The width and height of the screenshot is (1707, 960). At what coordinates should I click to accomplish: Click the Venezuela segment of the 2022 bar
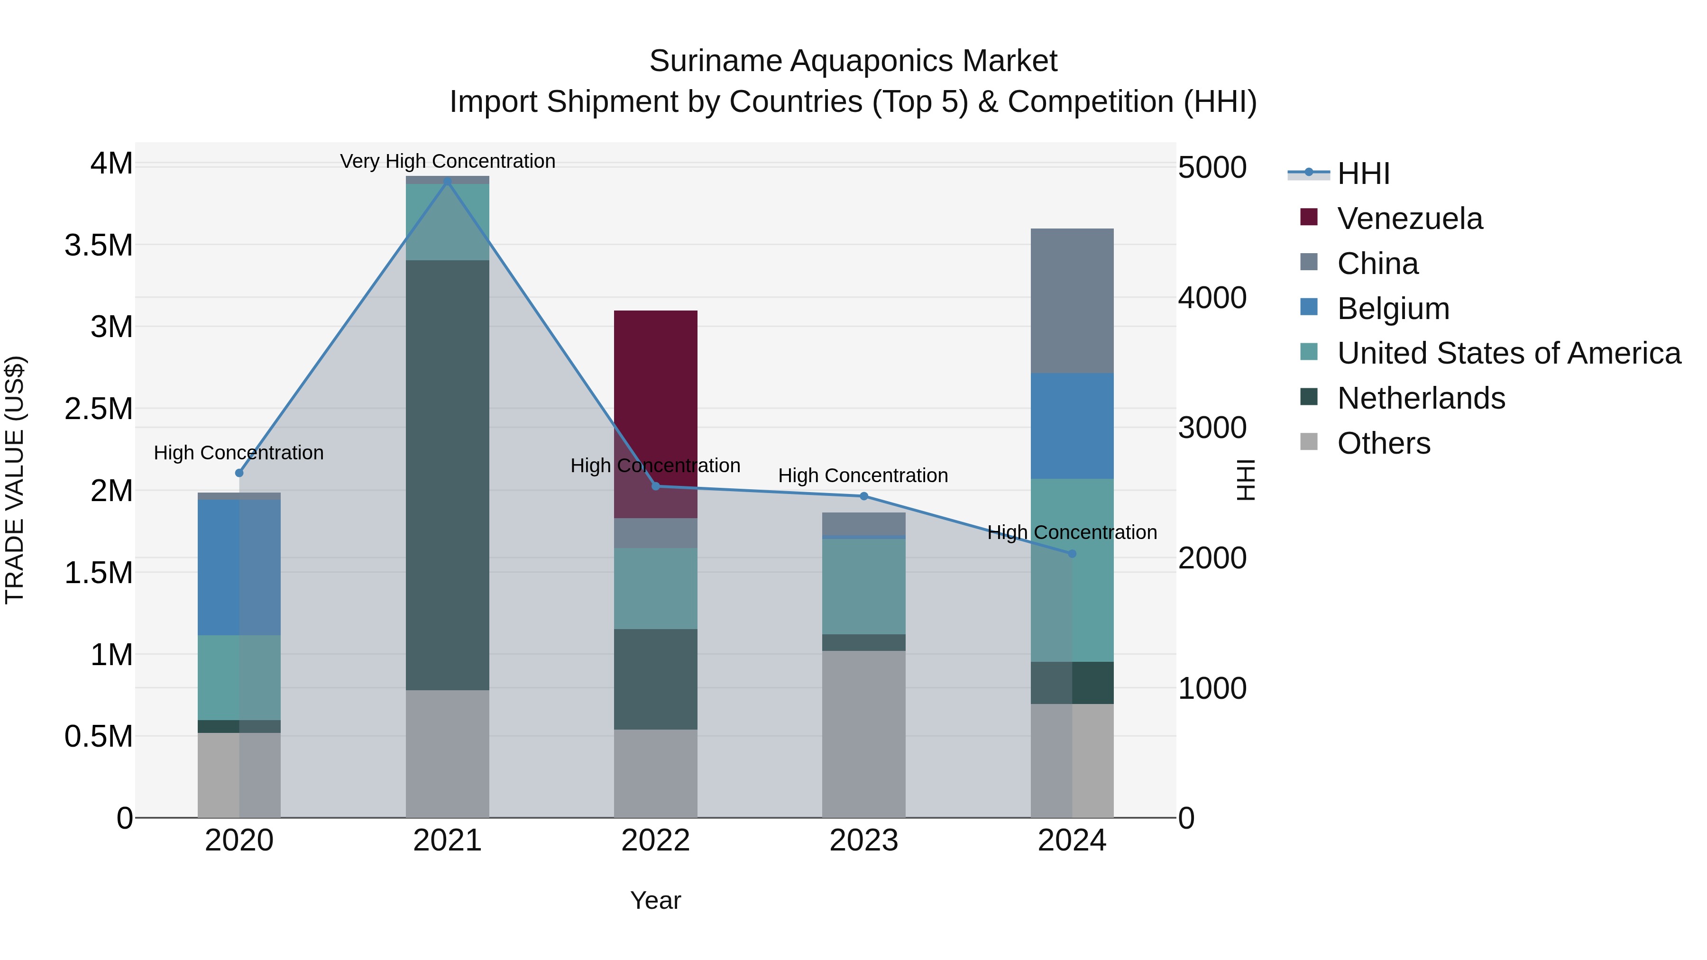pos(655,398)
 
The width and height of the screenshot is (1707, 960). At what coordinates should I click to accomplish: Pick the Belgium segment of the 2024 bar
pos(1072,425)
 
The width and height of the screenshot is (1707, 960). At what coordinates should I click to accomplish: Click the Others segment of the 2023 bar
pos(863,733)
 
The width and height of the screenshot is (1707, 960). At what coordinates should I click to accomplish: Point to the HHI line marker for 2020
pos(239,473)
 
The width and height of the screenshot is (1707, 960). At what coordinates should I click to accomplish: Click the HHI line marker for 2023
pos(863,496)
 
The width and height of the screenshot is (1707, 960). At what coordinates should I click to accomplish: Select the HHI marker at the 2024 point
pos(1072,554)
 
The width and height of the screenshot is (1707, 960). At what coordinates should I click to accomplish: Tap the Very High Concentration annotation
pos(447,161)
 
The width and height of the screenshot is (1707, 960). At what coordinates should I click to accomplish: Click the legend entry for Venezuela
pos(1410,219)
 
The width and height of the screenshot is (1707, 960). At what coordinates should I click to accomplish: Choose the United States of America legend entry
pos(1509,353)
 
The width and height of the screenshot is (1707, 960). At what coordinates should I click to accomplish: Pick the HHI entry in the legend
pos(1363,174)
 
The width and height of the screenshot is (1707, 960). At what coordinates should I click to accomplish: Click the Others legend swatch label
pos(1384,443)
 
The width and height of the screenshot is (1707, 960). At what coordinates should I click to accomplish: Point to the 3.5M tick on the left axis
pos(98,245)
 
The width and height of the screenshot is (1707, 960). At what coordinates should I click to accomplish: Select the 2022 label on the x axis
pos(655,841)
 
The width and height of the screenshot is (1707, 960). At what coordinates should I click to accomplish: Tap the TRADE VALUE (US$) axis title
pos(15,480)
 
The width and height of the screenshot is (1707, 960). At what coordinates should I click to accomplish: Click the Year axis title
pos(655,900)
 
